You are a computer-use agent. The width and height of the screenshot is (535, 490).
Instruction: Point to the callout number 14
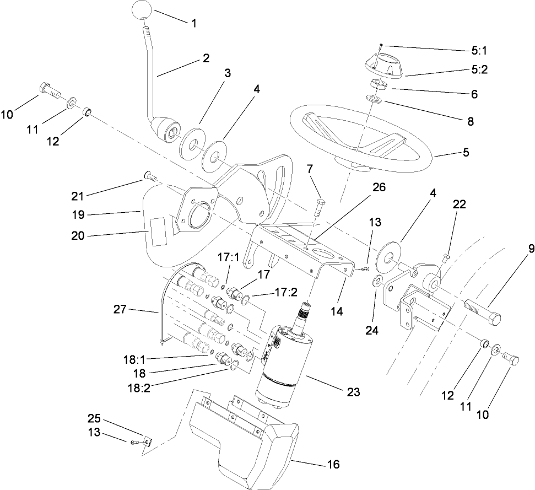click(337, 311)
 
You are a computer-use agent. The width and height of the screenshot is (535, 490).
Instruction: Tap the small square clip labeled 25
click(148, 441)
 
